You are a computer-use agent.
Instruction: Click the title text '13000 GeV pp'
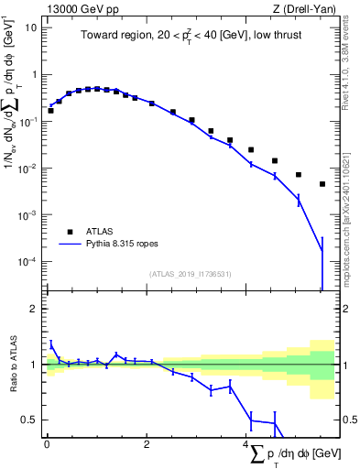pyautogui.click(x=77, y=8)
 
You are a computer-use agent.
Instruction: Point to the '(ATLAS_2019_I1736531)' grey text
pyautogui.click(x=189, y=274)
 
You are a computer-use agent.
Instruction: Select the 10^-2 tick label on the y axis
pyautogui.click(x=27, y=169)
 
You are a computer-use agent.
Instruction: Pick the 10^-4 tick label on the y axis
pyautogui.click(x=27, y=262)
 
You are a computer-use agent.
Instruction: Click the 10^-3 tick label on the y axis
pyautogui.click(x=27, y=215)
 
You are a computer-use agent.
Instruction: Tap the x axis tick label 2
pyautogui.click(x=147, y=444)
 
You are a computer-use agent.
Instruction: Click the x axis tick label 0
pyautogui.click(x=47, y=444)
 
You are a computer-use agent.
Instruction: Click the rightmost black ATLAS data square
pyautogui.click(x=322, y=184)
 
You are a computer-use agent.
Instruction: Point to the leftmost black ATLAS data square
pyautogui.click(x=50, y=110)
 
